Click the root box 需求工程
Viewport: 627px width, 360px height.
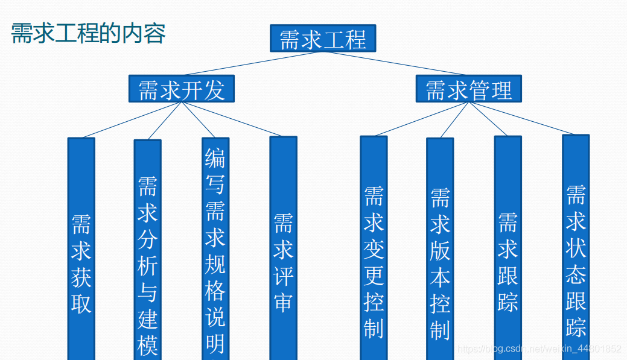(323, 39)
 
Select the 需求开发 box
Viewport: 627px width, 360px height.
(181, 89)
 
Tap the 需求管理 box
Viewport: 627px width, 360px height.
(468, 89)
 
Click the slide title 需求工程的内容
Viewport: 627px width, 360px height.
(88, 33)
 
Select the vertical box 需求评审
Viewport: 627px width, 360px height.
(283, 253)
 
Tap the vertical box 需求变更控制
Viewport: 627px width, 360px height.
(374, 253)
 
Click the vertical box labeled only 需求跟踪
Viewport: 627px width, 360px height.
(508, 253)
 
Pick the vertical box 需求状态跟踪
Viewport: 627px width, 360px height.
(576, 253)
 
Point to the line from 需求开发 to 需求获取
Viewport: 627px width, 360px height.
(132, 120)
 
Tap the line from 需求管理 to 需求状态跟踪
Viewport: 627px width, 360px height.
(522, 118)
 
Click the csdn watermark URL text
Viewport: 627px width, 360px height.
(539, 349)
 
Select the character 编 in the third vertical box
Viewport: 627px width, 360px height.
(215, 158)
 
